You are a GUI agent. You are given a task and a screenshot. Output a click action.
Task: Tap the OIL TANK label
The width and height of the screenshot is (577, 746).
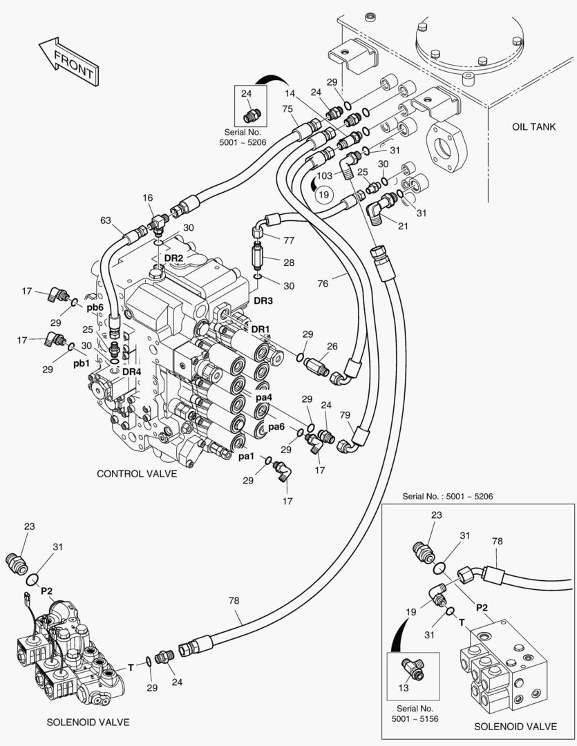pyautogui.click(x=534, y=127)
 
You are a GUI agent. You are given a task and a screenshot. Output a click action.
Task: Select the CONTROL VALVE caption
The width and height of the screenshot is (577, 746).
pyautogui.click(x=137, y=474)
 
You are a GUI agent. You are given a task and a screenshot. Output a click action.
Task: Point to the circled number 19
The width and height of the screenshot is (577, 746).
pyautogui.click(x=323, y=195)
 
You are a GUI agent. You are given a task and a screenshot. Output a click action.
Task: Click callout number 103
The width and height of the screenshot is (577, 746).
pyautogui.click(x=324, y=175)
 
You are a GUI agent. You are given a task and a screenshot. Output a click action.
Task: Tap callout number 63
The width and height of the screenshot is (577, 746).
pyautogui.click(x=106, y=220)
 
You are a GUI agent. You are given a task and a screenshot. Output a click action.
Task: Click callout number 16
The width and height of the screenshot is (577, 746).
pyautogui.click(x=148, y=198)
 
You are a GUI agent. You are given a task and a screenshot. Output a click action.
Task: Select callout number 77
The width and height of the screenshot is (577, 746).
pyautogui.click(x=289, y=240)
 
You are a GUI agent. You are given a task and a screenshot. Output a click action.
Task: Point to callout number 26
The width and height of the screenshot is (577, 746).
pyautogui.click(x=332, y=346)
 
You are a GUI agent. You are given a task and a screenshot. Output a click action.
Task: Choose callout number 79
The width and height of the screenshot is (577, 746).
pyautogui.click(x=346, y=415)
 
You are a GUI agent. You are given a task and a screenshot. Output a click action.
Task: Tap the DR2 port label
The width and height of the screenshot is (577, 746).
pyautogui.click(x=173, y=258)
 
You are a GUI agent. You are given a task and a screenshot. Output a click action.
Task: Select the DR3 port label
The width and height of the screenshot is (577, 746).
pyautogui.click(x=263, y=300)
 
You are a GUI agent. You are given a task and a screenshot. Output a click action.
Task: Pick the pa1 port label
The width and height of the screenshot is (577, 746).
pyautogui.click(x=247, y=457)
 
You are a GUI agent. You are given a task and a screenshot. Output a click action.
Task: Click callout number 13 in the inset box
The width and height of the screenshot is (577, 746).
pyautogui.click(x=405, y=687)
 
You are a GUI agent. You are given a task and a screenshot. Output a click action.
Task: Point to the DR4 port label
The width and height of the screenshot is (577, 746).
pyautogui.click(x=132, y=371)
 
